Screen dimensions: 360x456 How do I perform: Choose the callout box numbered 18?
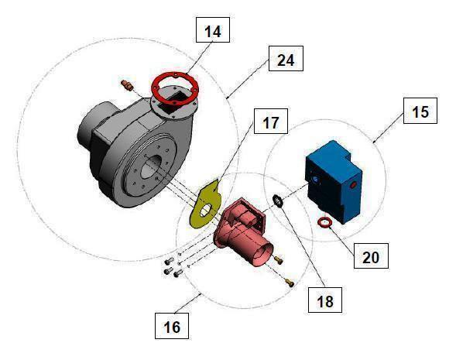coord(324,300)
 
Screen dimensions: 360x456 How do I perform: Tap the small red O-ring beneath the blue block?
coord(327,223)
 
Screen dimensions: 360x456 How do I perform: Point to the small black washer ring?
coord(276,202)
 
